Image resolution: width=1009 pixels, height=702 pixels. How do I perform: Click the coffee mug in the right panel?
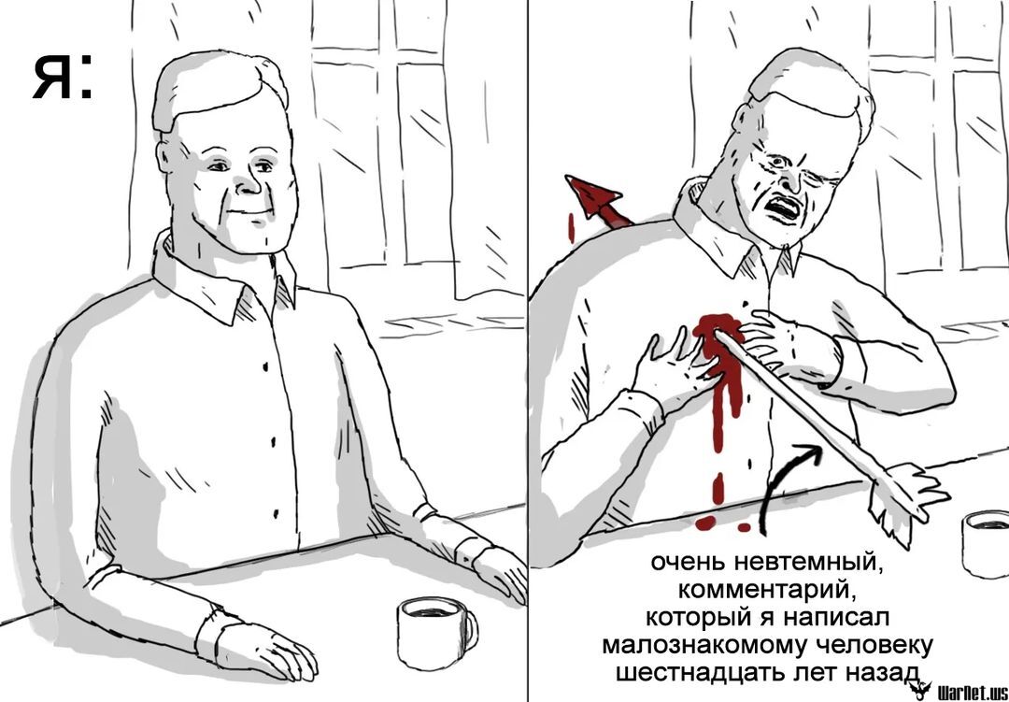click(x=986, y=543)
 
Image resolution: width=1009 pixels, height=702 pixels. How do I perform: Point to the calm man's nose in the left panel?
click(x=247, y=183)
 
